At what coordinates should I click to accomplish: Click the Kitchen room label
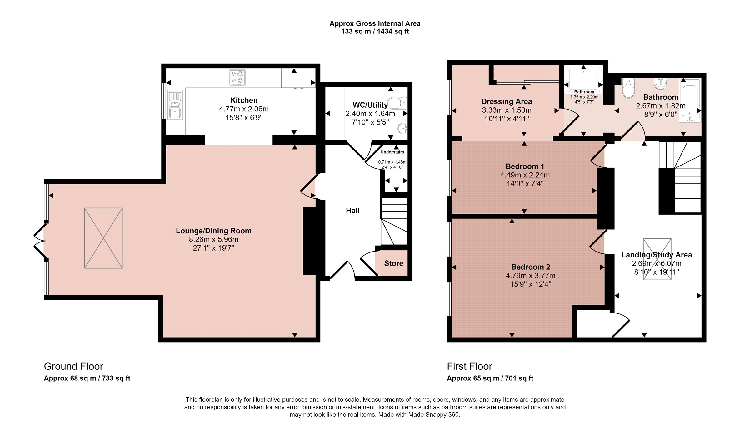coord(244,100)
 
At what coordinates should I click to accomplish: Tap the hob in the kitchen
coord(237,78)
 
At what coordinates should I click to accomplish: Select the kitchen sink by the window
coord(175,105)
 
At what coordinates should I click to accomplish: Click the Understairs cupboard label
coord(392,152)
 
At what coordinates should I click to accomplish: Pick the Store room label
coord(394,263)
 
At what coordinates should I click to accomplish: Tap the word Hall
coord(353,211)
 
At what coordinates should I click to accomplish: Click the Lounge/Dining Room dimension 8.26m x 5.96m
coord(214,239)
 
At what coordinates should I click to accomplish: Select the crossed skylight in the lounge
coord(103,238)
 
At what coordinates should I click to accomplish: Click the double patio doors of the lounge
coord(40,241)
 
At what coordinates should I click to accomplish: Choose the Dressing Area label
coord(507,102)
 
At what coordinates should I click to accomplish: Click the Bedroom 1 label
coord(525,166)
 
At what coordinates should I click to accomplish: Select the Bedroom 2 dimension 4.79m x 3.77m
coord(531,276)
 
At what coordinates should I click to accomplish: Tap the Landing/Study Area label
coord(657,255)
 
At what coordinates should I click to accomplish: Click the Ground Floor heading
coord(73,366)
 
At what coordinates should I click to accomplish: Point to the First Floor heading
coord(469,366)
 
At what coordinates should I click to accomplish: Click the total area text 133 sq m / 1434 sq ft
coord(375,31)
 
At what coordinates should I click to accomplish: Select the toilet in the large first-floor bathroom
coord(628,88)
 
